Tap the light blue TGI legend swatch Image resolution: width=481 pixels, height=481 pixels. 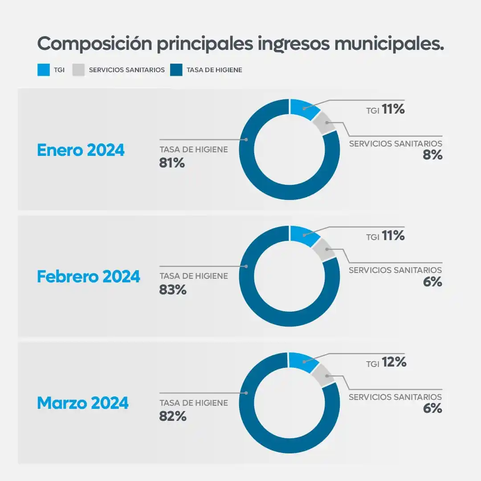point(43,70)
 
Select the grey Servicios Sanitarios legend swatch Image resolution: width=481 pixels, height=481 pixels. point(78,70)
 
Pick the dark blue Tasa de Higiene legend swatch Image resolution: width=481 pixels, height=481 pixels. point(176,70)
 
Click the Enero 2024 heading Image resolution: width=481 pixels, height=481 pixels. point(81,150)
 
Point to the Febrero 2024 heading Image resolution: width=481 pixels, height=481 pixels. point(88,277)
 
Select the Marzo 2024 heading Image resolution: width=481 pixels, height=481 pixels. point(82,403)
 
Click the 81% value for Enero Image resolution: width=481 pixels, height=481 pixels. point(172,163)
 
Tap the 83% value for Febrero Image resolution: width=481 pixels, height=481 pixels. point(172,290)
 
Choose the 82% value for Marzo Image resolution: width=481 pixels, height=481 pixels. point(172,416)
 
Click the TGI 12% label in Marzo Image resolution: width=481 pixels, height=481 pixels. point(386,363)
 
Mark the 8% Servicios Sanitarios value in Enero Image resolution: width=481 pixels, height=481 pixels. point(432,155)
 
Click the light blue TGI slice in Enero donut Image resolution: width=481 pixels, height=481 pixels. point(303,108)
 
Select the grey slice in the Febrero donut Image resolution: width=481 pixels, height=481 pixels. point(324,249)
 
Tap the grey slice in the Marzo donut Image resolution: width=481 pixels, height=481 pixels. point(323,375)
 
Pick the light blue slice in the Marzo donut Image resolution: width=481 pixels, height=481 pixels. point(302,361)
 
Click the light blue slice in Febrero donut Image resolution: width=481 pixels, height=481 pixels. point(303,235)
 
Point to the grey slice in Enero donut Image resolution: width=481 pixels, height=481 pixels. point(324,122)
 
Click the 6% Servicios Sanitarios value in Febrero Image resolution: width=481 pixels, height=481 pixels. point(432,282)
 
